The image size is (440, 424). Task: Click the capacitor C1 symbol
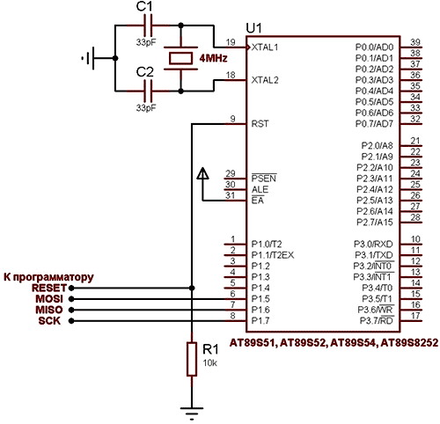point(148,26)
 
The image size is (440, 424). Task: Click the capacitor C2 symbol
point(148,91)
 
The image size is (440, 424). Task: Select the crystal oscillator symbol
point(180,58)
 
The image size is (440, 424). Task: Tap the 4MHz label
point(213,58)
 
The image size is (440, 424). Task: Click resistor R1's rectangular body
point(192,359)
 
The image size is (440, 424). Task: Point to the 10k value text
point(210,363)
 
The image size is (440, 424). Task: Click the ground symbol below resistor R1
point(192,413)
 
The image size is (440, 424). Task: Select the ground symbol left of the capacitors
point(88,58)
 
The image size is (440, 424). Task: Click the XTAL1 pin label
point(265,48)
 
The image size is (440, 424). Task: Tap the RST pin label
point(260,124)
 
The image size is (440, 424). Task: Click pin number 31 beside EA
point(231,195)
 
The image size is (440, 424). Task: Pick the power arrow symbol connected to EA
point(202,173)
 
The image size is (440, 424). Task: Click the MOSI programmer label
point(49,299)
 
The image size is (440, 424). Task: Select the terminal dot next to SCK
point(71,321)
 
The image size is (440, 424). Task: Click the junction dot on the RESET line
point(192,288)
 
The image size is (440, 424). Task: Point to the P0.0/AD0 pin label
point(374,48)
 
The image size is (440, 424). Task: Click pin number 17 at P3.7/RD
point(415,316)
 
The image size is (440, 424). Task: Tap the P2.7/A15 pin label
point(375,223)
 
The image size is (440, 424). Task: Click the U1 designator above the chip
point(253,28)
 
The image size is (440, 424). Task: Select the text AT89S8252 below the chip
point(409,342)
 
